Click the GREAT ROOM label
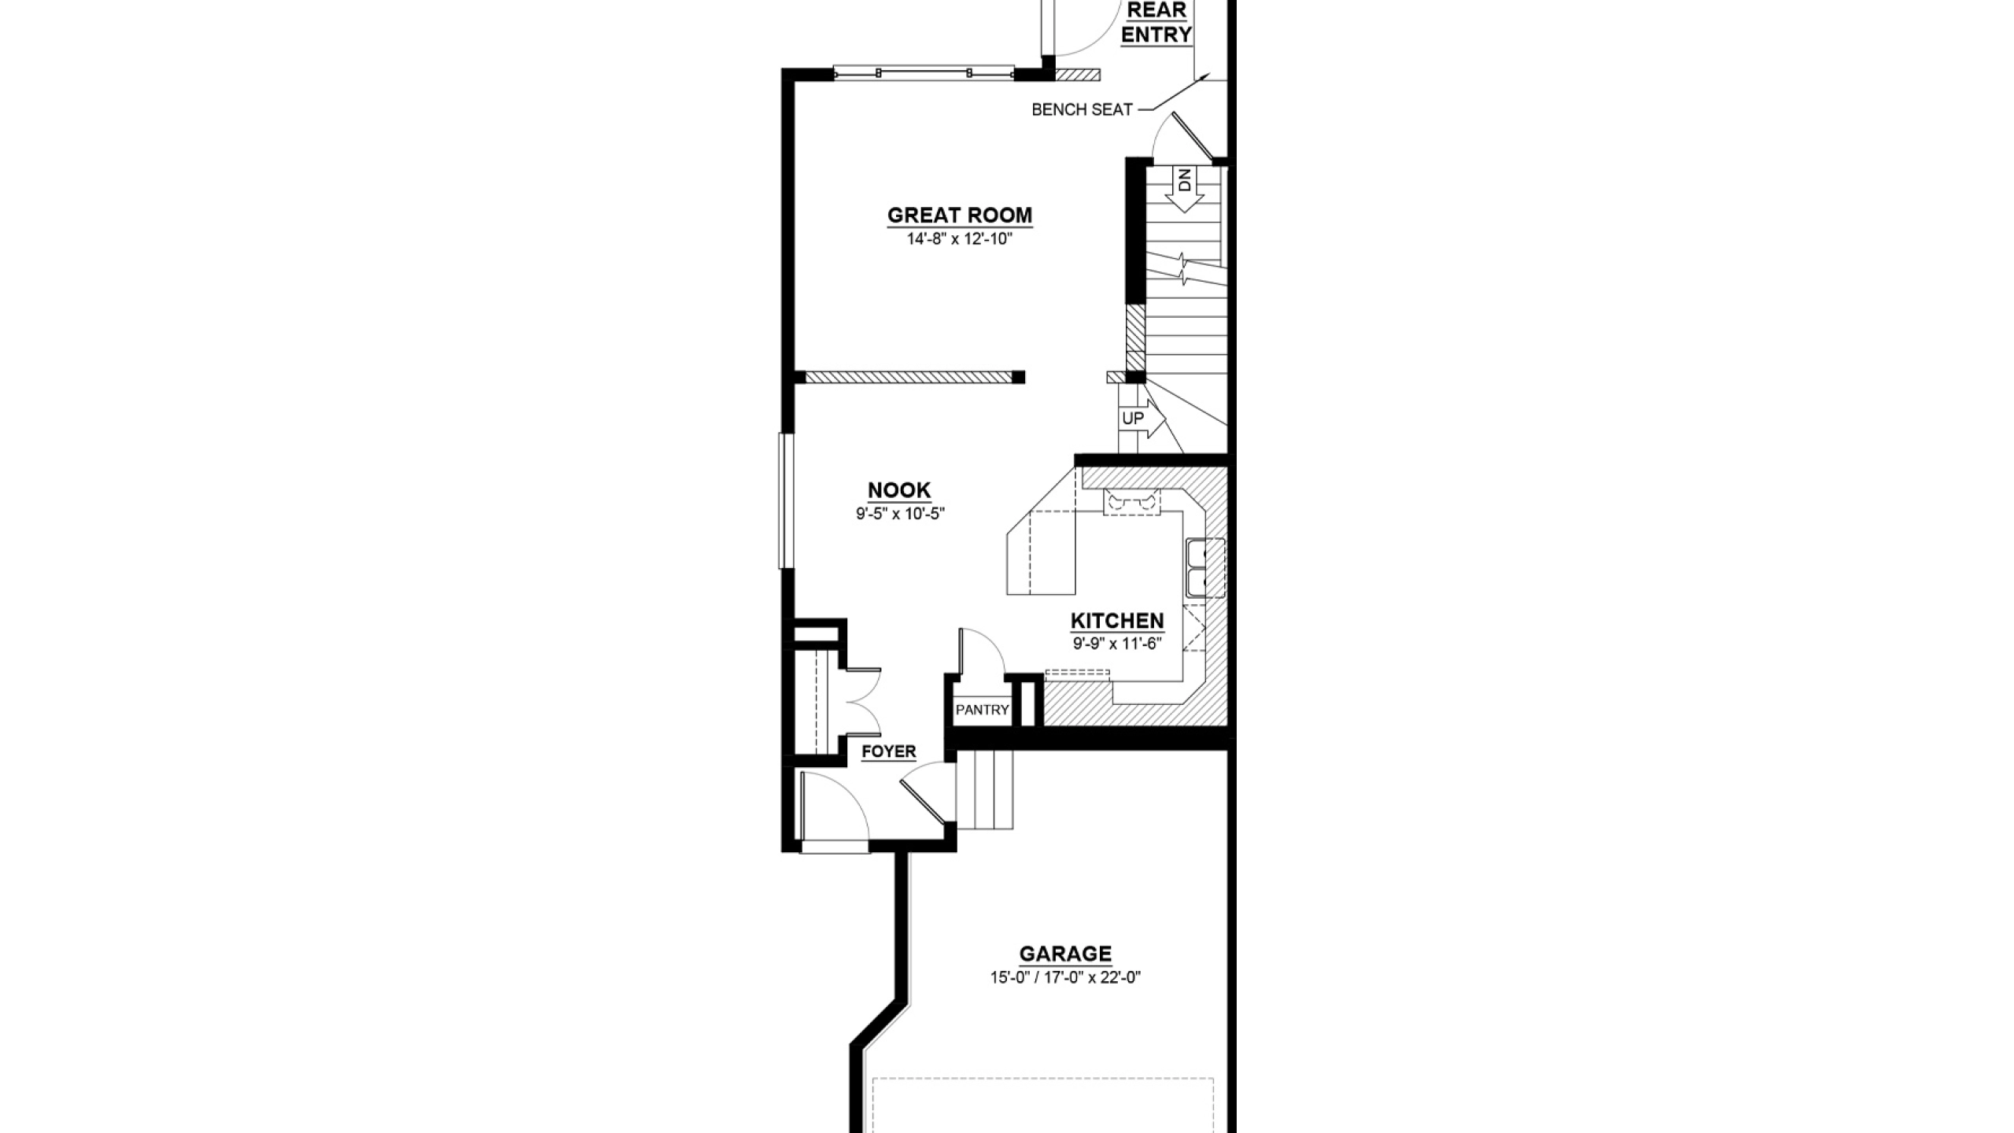tap(960, 215)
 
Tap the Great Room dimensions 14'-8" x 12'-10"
tap(960, 239)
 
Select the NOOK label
tap(899, 490)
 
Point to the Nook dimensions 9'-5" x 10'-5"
tap(900, 514)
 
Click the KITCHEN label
tap(1117, 621)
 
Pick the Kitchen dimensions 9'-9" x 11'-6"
tap(1117, 644)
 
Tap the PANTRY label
tap(982, 710)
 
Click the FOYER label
tap(889, 751)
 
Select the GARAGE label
tap(1065, 954)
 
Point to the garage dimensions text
tap(1065, 978)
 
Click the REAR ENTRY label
tap(1156, 23)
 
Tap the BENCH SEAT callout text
tap(1082, 110)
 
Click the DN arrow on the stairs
tap(1184, 190)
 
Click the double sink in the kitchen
tap(1204, 567)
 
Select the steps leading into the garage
tap(984, 789)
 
